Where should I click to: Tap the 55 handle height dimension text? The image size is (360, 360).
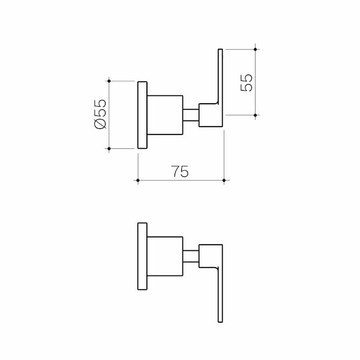[x=247, y=82]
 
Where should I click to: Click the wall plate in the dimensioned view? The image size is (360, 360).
[x=142, y=115]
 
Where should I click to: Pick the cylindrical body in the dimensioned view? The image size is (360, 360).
[x=165, y=115]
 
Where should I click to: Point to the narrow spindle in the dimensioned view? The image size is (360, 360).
[x=191, y=115]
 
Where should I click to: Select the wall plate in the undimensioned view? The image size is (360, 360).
[x=142, y=257]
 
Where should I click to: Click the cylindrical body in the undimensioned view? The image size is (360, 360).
[x=165, y=257]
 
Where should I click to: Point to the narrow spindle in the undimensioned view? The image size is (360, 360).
[x=191, y=257]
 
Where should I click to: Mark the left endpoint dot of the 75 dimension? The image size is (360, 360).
[x=138, y=180]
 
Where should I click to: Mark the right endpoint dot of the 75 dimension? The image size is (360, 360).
[x=223, y=180]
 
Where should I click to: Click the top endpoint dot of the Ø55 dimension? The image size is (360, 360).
[x=109, y=80]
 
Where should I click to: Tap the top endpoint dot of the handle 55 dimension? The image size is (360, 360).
[x=256, y=49]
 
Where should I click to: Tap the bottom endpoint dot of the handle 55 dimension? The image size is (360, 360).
[x=256, y=115]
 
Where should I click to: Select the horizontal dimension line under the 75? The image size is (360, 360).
[x=180, y=180]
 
